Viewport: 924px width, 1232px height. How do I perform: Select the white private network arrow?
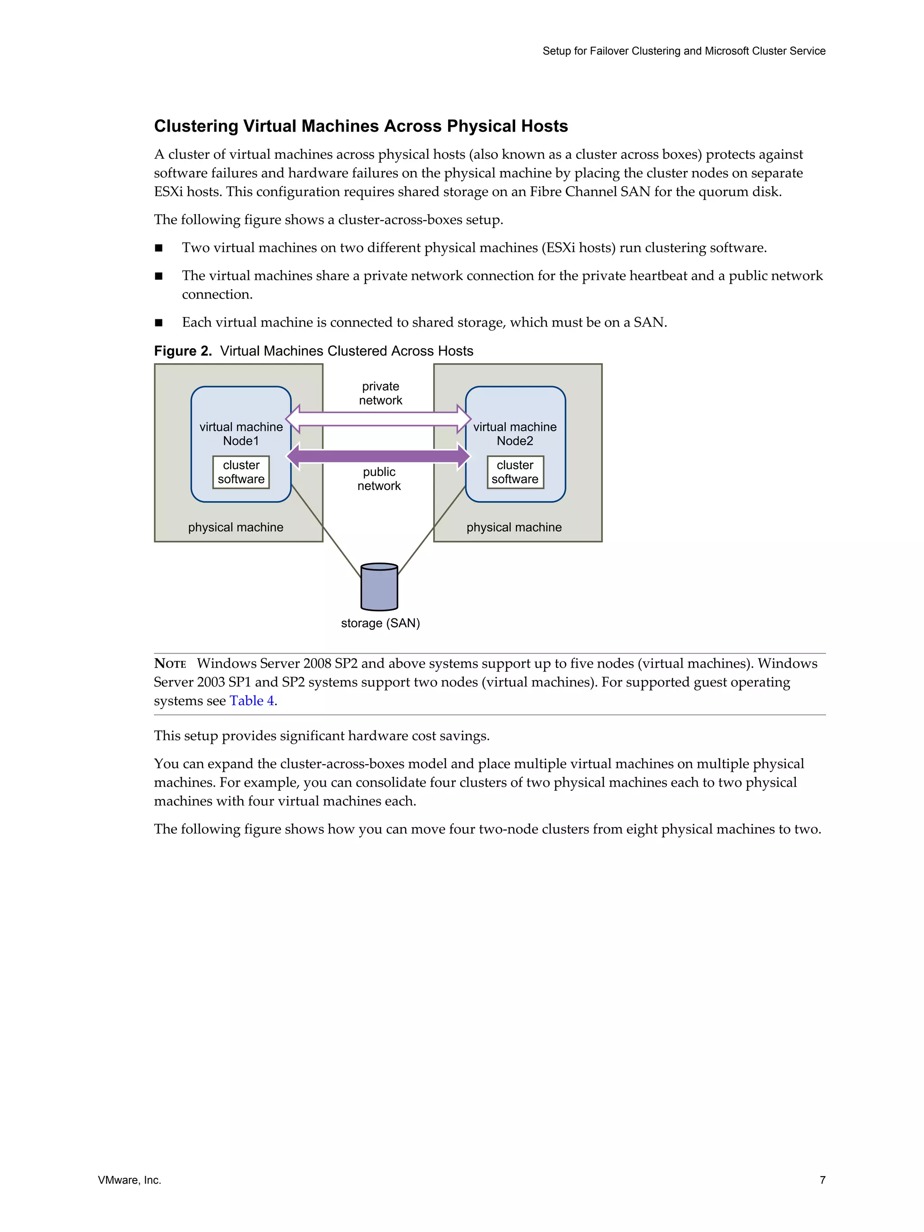378,419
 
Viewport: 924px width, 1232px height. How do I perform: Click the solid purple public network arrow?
378,456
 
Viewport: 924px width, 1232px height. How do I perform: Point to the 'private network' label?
380,393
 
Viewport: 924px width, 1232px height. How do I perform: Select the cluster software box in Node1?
241,472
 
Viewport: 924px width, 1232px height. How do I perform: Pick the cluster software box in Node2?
515,472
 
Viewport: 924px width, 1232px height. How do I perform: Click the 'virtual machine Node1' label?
241,434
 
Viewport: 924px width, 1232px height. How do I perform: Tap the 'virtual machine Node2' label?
515,434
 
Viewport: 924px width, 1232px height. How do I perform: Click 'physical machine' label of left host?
236,527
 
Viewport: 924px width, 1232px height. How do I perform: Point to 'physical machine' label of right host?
513,527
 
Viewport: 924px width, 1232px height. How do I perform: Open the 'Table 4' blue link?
252,701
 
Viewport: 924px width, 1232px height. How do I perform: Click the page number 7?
822,1180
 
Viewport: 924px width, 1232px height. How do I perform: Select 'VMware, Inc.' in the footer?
129,1180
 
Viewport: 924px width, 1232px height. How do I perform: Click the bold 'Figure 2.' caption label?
183,351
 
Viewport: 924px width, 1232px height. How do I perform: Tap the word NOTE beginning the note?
170,663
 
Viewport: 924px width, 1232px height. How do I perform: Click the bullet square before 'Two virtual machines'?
159,248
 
